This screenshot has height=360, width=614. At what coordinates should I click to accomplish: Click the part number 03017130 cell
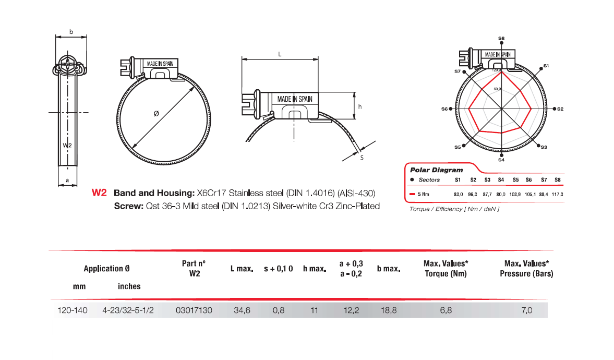tap(194, 310)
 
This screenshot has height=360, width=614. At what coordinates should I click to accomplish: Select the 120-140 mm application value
tap(73, 310)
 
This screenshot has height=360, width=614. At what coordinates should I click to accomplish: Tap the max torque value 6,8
tap(446, 310)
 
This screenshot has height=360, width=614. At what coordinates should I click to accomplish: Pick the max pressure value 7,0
tap(526, 310)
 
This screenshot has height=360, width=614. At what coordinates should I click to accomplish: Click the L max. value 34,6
tap(242, 310)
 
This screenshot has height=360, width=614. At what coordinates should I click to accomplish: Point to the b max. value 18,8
tap(389, 310)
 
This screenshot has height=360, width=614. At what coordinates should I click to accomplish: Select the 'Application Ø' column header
tap(106, 269)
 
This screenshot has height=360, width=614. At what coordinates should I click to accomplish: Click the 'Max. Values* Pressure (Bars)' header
tap(526, 269)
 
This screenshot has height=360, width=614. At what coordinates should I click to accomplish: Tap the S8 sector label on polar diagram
tap(501, 38)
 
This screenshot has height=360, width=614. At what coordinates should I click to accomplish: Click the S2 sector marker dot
tap(553, 109)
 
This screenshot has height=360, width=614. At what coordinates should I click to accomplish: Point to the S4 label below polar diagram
tap(501, 160)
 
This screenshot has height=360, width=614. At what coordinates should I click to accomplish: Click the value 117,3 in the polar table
tap(557, 194)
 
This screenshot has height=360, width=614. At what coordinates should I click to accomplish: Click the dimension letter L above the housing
tap(280, 54)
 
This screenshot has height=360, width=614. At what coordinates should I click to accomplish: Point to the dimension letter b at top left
tap(71, 32)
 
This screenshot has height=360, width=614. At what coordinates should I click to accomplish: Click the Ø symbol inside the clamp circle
tap(156, 114)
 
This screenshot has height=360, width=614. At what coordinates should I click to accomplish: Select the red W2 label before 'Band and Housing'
tap(99, 193)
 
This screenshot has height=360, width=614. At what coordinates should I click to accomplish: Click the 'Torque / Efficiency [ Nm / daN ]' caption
tap(447, 209)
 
